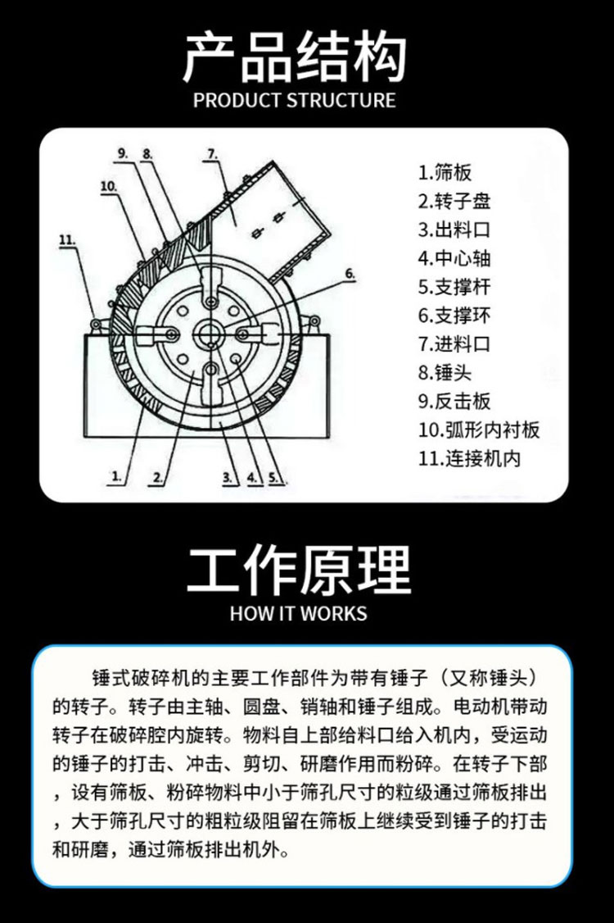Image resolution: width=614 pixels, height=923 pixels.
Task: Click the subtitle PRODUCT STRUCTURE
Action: pos(295,100)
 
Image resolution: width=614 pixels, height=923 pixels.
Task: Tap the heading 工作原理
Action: pos(299,571)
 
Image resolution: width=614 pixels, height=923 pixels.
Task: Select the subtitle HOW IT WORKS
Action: pos(299,613)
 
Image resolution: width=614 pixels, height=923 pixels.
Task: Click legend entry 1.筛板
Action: pos(445,173)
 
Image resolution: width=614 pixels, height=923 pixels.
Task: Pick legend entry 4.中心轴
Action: pos(454,258)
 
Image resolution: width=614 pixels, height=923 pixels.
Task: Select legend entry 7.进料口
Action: pos(454,343)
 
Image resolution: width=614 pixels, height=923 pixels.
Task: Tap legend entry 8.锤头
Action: pos(445,373)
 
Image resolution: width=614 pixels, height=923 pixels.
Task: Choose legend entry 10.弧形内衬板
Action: pos(479,430)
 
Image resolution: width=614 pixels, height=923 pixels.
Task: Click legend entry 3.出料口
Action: pos(454,230)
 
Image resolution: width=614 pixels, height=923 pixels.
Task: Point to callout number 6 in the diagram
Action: pos(350,274)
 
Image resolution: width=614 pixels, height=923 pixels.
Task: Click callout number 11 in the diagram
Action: pos(68,240)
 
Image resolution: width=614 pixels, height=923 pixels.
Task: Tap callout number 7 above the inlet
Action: pos(212,155)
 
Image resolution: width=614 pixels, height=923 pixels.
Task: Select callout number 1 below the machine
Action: pos(117,475)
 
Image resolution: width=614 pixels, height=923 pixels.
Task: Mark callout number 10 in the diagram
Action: pos(108,187)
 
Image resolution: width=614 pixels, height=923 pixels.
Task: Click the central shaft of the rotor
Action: pos(208,335)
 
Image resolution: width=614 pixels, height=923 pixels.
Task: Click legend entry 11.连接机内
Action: pos(469,458)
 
